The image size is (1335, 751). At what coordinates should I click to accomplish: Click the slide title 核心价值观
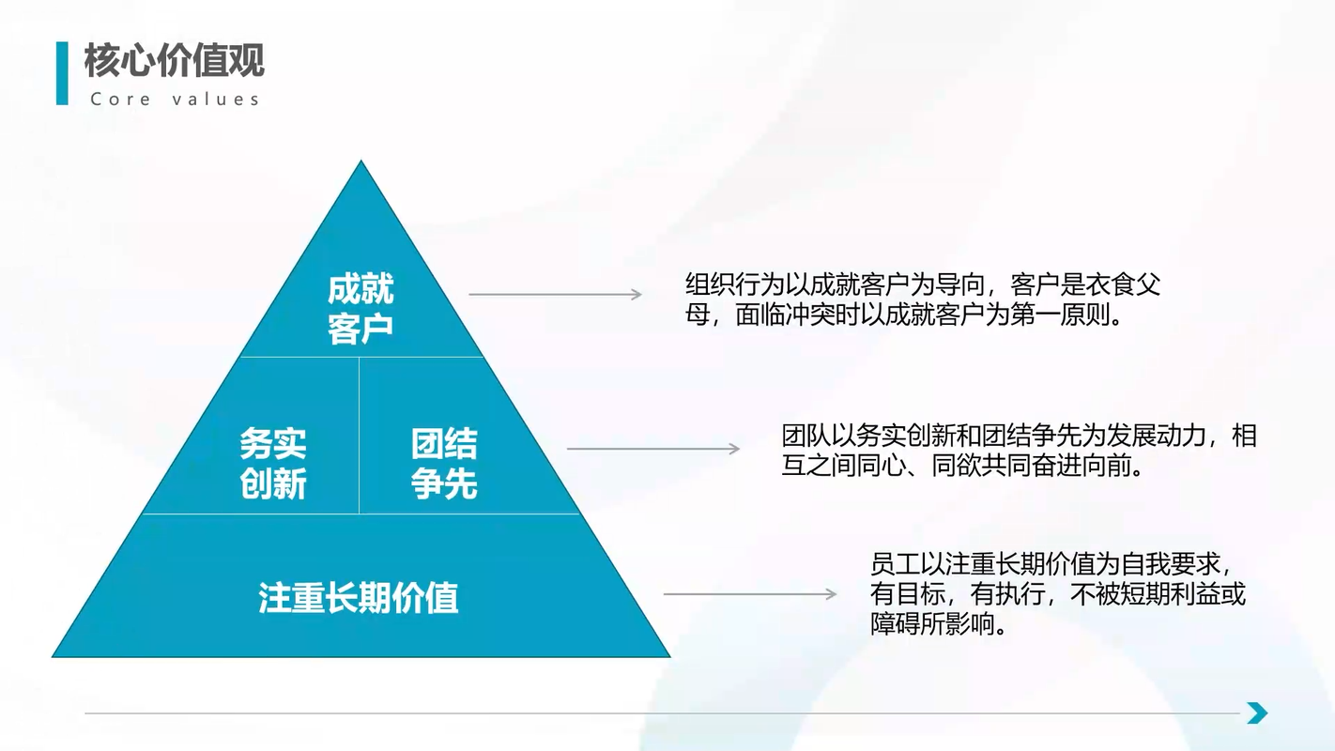(x=175, y=61)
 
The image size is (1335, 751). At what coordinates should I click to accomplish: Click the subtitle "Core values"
(x=175, y=100)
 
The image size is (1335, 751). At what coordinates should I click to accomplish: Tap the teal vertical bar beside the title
(x=63, y=73)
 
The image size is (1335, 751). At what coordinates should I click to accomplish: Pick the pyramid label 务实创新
(x=272, y=464)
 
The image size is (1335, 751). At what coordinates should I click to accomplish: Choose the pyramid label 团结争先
(x=444, y=464)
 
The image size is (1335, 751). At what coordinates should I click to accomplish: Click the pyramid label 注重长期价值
(x=358, y=598)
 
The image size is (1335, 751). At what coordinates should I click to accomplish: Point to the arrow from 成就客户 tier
(x=555, y=295)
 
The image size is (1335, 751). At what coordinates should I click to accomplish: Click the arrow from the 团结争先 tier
(x=653, y=449)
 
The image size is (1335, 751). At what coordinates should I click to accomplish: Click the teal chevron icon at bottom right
(x=1257, y=713)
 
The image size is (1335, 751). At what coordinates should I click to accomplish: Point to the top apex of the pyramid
(x=361, y=164)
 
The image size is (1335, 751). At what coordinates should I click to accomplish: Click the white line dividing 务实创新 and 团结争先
(x=359, y=436)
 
